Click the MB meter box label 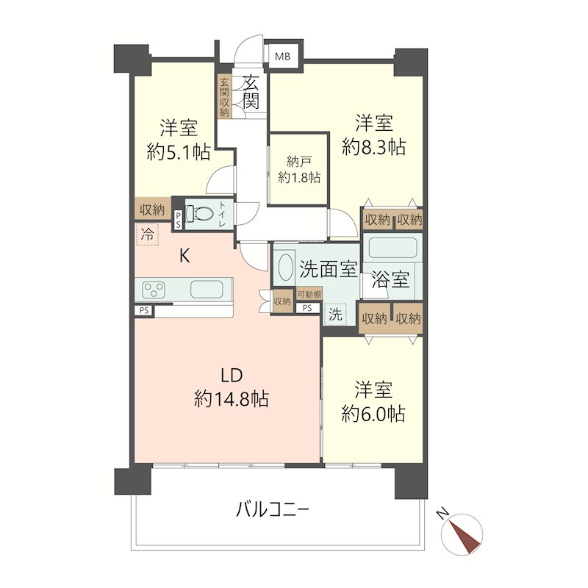click(x=282, y=57)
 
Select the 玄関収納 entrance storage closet click(x=224, y=97)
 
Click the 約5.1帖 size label click(x=178, y=152)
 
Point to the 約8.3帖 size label click(x=374, y=146)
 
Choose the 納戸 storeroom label click(x=299, y=162)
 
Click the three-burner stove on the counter click(x=154, y=289)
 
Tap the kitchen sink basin click(x=207, y=289)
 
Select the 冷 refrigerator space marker click(x=148, y=234)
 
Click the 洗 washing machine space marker click(x=335, y=315)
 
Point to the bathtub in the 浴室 click(x=392, y=248)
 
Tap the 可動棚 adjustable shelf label click(x=309, y=295)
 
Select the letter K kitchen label click(x=184, y=256)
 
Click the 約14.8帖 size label click(x=232, y=398)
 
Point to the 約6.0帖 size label click(x=373, y=414)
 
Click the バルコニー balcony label click(x=273, y=509)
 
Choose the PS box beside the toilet click(x=178, y=220)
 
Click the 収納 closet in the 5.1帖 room click(x=153, y=209)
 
